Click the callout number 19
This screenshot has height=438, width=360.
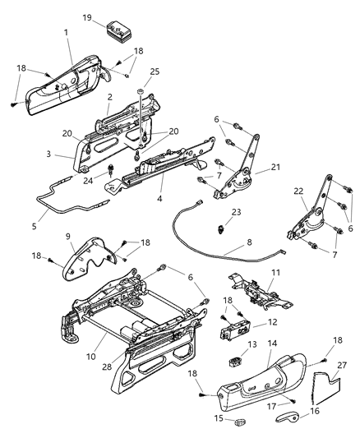point(87,17)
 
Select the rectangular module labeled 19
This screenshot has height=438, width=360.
point(120,31)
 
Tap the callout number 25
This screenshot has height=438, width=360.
point(155,71)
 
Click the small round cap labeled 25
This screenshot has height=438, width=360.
point(141,90)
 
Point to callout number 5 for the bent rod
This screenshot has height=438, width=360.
point(34,226)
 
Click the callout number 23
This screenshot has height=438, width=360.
point(236,212)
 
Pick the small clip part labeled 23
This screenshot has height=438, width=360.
point(220,230)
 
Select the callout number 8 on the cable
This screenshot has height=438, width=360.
point(249,242)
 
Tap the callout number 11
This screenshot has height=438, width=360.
point(276,272)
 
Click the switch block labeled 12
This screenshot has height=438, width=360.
point(235,330)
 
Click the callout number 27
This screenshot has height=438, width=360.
point(342,365)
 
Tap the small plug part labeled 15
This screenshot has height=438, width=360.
point(241,419)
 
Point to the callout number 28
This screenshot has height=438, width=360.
point(107,367)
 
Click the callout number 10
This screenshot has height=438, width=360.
point(91,357)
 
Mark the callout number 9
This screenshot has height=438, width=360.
point(68,237)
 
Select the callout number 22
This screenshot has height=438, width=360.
point(298,191)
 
